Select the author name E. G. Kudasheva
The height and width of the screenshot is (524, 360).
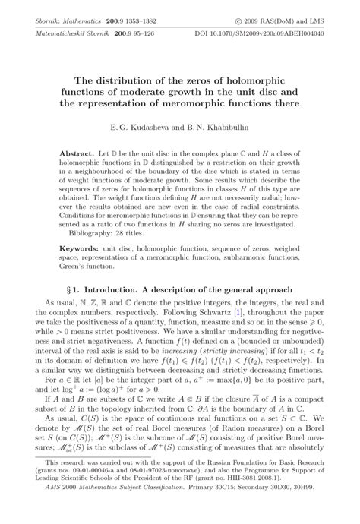click(x=142, y=127)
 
